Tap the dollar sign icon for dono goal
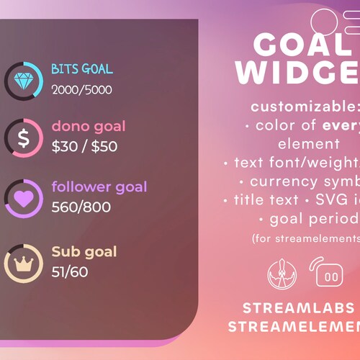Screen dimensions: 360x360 point(23,137)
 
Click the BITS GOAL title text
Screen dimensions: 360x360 point(82,69)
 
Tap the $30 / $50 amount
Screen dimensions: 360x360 point(84,147)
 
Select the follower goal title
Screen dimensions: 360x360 point(99,187)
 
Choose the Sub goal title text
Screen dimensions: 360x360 point(84,252)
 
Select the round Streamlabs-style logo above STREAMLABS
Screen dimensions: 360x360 point(281,274)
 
